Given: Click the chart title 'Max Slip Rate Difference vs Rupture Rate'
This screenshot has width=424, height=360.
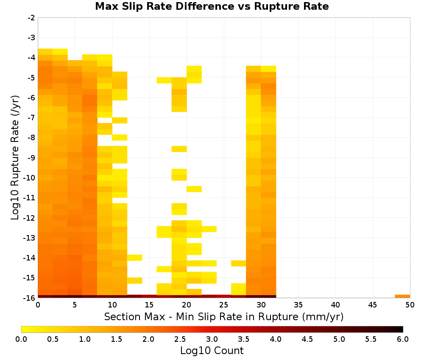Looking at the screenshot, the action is coord(212,6).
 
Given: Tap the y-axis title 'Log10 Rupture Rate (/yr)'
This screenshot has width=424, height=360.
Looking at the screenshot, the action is coord(15,158).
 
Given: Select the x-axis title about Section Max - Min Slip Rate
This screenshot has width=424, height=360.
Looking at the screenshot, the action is coord(223,317).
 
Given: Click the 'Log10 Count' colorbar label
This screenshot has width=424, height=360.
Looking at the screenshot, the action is coord(212,351).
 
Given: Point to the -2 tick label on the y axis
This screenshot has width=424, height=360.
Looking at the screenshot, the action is coord(31,18).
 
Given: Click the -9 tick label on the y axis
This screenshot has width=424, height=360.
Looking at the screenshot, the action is coord(31,158).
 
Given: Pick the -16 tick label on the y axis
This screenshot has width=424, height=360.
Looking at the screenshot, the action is coord(29,298).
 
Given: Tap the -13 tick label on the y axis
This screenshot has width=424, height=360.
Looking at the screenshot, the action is coord(29,238).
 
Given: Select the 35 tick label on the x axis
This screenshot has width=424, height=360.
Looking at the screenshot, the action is coord(298,305).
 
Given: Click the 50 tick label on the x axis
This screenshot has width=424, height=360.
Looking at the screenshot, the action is coord(410,305).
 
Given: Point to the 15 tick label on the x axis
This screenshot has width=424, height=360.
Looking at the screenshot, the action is coord(149,305).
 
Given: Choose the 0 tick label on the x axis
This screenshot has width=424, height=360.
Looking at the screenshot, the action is coord(38,305).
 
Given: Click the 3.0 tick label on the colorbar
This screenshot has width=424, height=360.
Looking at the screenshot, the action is coord(212,339).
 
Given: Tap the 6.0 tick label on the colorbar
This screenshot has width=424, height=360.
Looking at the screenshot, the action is coord(403,339).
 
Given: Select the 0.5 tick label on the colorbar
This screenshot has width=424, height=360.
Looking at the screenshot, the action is coord(53,339).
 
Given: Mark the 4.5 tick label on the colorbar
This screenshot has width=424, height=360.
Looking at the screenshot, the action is coord(307,339).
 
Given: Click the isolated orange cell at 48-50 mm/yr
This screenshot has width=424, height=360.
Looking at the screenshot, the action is coord(402,296).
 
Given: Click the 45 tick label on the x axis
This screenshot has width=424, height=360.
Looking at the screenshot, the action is coord(373,305).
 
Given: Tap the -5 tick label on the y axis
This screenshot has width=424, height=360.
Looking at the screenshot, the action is coord(31,78).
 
